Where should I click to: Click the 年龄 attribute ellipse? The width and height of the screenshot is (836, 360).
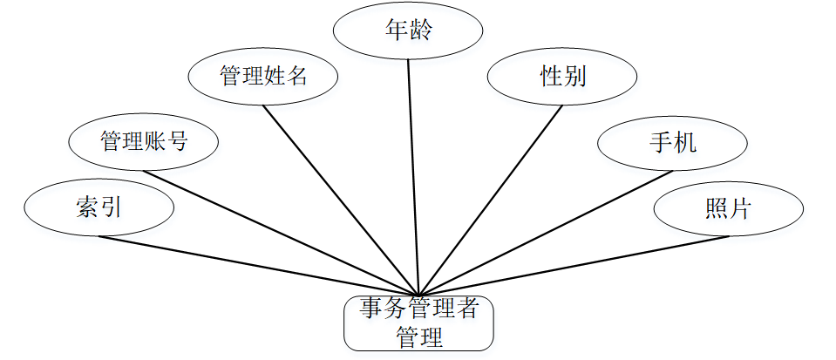(408, 31)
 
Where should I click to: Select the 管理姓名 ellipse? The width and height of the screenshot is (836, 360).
(262, 77)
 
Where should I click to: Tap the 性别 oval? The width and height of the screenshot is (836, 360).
(562, 77)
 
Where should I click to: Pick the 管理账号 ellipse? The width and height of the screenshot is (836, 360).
(144, 141)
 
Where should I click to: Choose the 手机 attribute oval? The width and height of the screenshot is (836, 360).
(672, 141)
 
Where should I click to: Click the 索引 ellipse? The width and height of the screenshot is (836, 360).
(99, 207)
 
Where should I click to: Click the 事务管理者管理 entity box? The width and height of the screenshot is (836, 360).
(418, 323)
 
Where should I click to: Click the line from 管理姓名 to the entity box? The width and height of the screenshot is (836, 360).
(341, 199)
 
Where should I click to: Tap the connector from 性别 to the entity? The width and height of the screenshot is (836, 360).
(491, 200)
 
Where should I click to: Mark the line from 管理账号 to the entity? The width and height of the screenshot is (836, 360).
(281, 232)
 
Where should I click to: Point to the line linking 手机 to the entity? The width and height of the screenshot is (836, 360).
(546, 233)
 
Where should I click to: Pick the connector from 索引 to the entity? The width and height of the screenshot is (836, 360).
(258, 265)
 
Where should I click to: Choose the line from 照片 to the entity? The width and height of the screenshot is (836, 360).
(574, 266)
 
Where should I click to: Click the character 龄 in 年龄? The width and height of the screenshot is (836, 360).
(421, 31)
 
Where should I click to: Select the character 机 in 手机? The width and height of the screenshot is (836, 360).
(685, 141)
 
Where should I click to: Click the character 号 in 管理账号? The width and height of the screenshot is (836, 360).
(178, 141)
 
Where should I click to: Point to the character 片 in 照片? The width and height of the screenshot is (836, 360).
(740, 208)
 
